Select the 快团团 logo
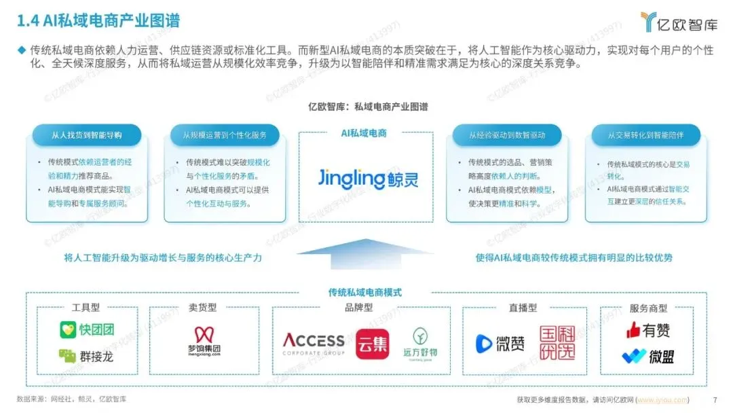[x=86, y=330]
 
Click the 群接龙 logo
[x=86, y=355]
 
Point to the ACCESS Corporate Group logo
[x=313, y=344]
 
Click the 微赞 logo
[x=500, y=343]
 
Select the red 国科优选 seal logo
[x=558, y=343]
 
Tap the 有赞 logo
[x=647, y=330]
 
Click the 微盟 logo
[x=647, y=356]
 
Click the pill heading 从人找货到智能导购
[x=87, y=134]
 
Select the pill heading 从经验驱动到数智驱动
[x=507, y=134]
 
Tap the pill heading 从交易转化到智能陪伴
[x=645, y=134]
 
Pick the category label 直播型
[x=523, y=308]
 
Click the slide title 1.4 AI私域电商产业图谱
[x=98, y=21]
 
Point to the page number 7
[x=715, y=399]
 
